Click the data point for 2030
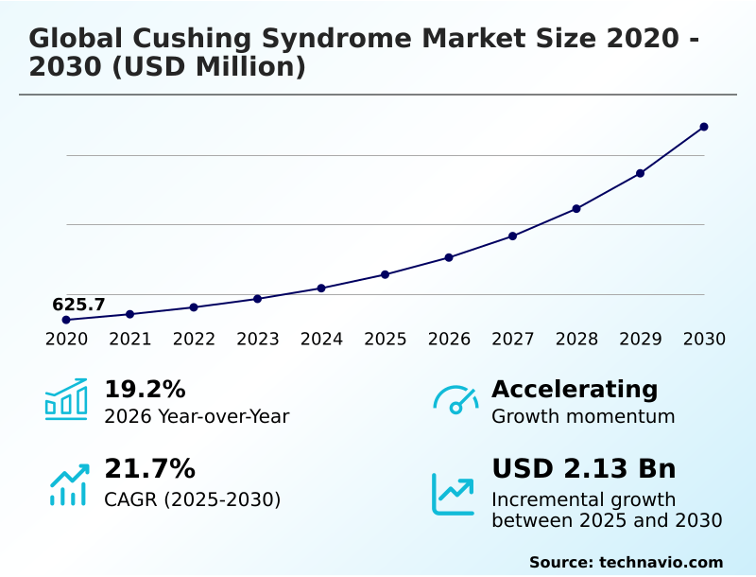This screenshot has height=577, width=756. (704, 127)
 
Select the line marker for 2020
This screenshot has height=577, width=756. (66, 320)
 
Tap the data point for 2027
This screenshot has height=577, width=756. (512, 236)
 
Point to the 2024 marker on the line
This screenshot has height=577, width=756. (321, 288)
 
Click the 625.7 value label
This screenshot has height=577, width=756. (78, 305)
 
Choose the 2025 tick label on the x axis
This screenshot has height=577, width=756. (386, 340)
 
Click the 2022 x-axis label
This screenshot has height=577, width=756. (194, 340)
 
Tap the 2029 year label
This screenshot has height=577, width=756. (641, 340)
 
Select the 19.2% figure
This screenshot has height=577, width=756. (145, 389)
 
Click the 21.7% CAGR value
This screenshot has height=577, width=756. (149, 468)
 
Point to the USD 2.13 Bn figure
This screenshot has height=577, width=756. (584, 468)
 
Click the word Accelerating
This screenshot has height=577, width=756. (575, 389)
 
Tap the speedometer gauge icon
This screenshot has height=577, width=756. (455, 400)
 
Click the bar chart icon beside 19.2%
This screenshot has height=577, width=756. (66, 399)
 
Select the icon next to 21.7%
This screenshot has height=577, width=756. (68, 484)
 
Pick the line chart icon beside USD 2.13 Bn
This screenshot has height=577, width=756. (454, 494)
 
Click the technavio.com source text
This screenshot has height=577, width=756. (661, 562)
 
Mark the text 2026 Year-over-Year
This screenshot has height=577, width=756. (197, 416)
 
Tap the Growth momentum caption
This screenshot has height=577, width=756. (583, 416)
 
